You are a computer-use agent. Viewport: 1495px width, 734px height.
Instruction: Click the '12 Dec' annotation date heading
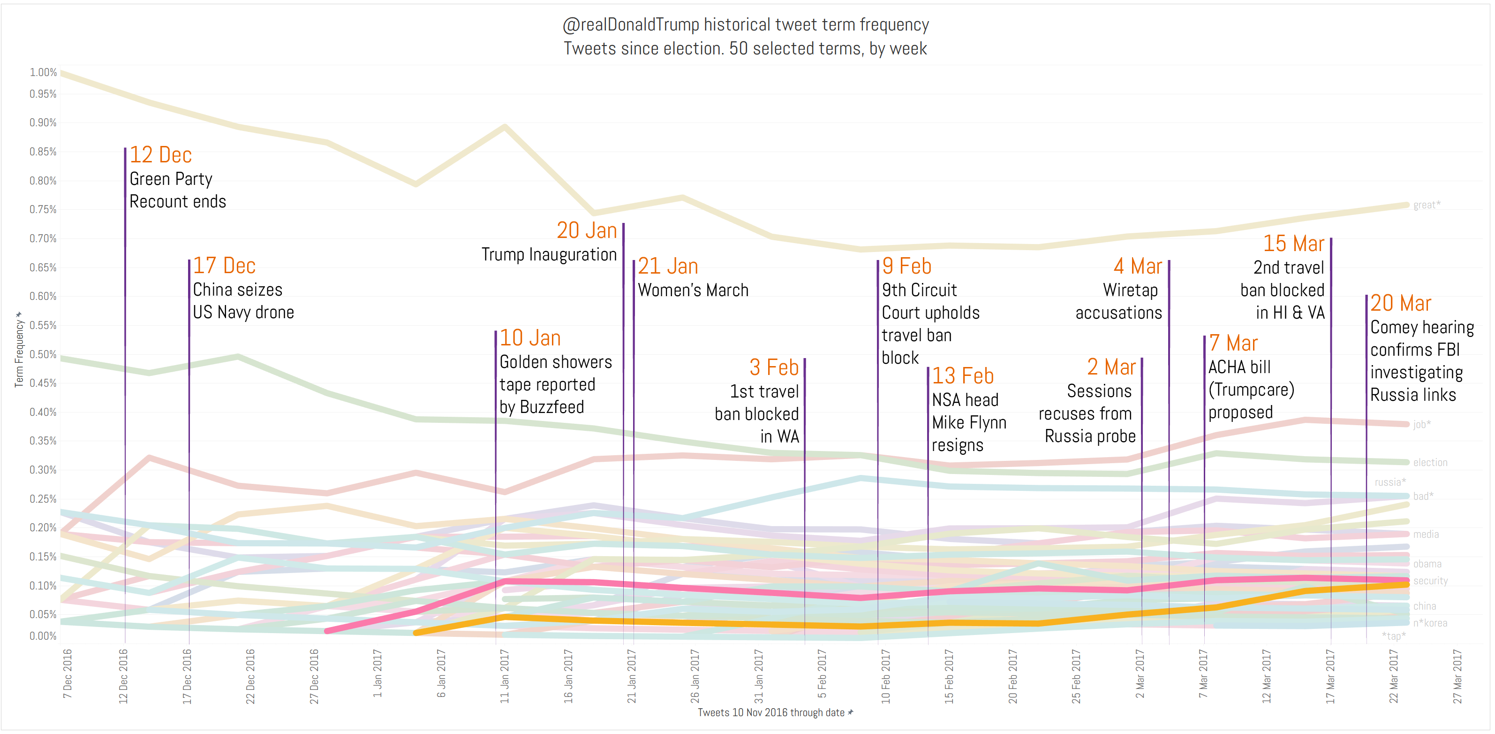[x=160, y=155]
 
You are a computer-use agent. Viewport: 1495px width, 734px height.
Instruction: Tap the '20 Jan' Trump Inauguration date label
[x=586, y=230]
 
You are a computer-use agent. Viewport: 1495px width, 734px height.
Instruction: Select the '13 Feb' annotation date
[x=963, y=376]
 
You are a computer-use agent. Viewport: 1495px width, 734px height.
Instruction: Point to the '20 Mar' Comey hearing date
[x=1400, y=303]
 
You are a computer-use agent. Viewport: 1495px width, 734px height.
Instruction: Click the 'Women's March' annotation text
[x=693, y=290]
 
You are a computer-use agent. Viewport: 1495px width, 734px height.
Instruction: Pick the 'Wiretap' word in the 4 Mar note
[x=1130, y=290]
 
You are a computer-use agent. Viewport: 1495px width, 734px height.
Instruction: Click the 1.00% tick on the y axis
[x=43, y=72]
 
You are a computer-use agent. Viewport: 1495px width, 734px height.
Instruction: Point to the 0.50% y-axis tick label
[x=43, y=354]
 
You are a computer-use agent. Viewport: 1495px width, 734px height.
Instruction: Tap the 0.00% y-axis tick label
[x=43, y=636]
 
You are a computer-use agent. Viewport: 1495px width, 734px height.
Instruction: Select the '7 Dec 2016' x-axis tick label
[x=68, y=673]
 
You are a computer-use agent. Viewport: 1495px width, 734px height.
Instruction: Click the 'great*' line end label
[x=1427, y=205]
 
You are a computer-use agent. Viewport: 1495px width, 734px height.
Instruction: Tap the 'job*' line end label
[x=1422, y=424]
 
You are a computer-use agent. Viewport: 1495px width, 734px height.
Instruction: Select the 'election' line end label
[x=1430, y=463]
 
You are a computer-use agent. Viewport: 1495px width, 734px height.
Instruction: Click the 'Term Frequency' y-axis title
[x=19, y=352]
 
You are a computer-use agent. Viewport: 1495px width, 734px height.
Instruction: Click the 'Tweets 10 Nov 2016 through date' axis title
[x=771, y=712]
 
